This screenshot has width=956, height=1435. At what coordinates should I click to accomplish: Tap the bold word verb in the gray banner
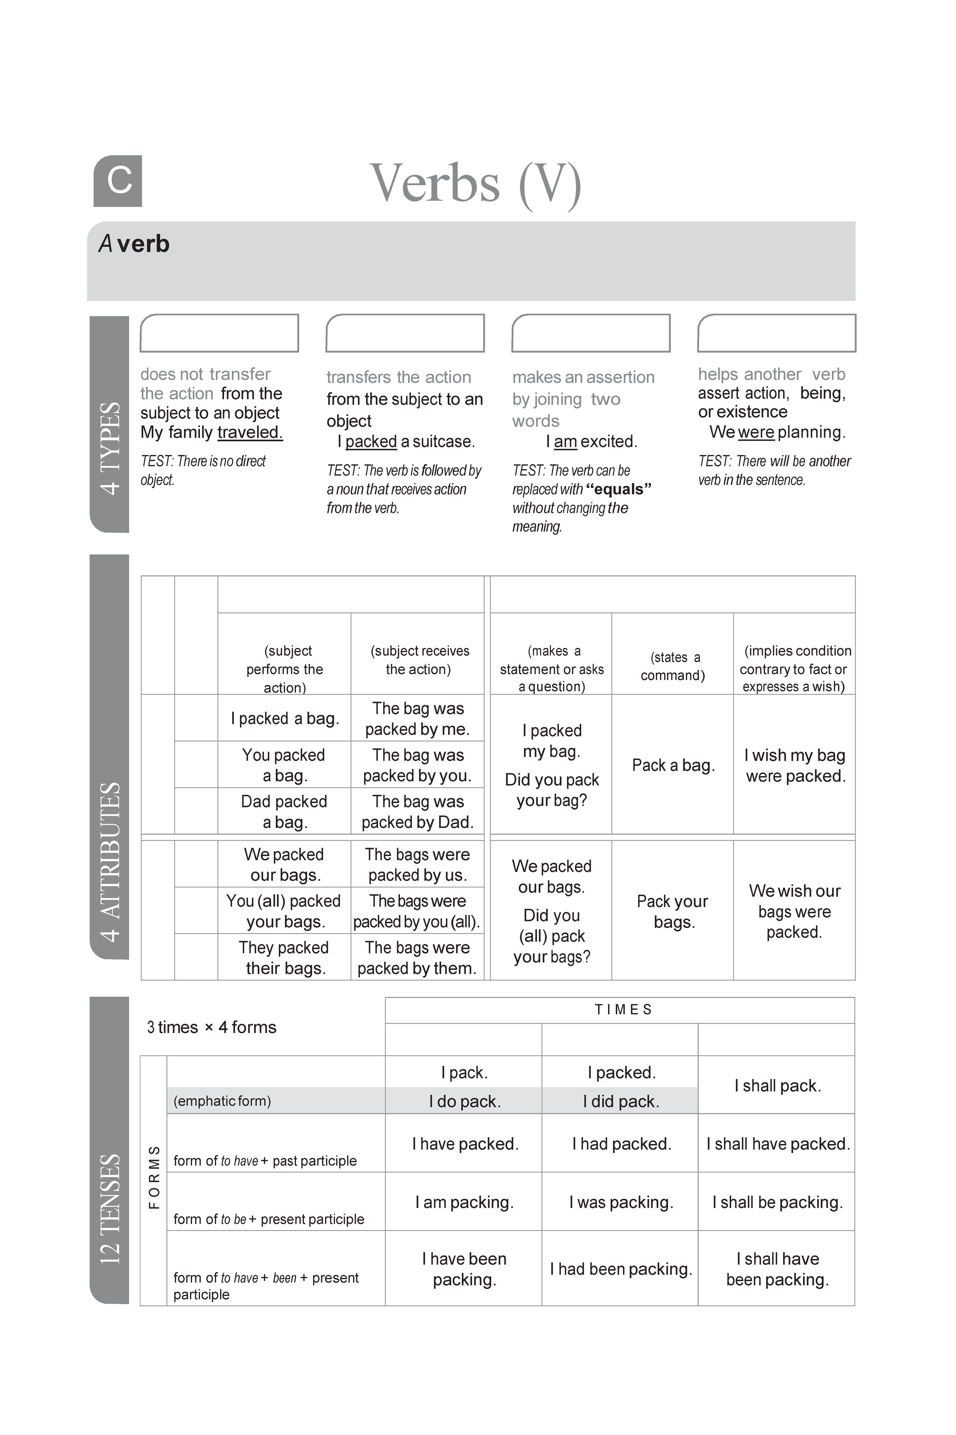click(143, 244)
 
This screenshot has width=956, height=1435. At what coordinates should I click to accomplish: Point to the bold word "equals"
click(619, 489)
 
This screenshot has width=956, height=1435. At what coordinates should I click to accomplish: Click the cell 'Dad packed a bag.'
click(284, 812)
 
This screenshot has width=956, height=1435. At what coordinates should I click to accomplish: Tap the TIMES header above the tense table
click(623, 1010)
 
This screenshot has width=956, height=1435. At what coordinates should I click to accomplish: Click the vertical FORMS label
click(154, 1177)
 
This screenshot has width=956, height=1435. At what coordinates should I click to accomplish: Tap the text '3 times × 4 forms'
click(211, 1027)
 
